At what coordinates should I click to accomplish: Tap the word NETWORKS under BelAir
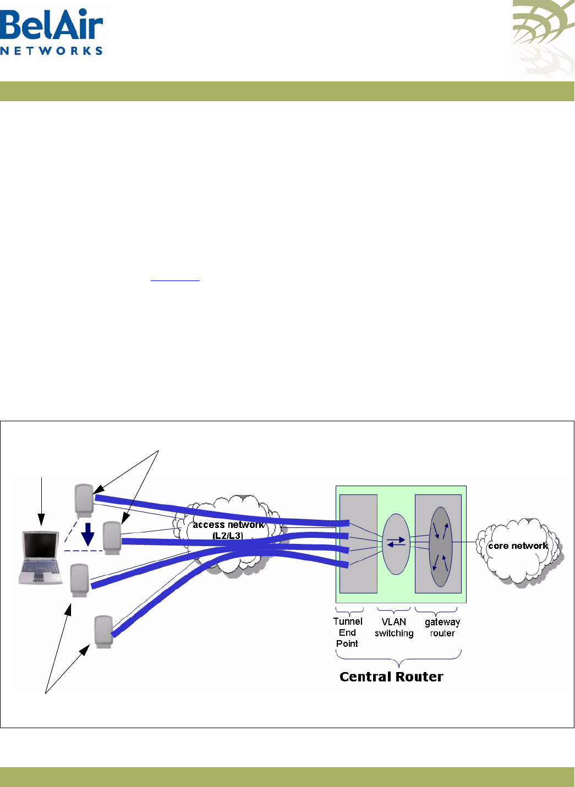click(52, 51)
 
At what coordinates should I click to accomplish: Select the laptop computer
click(40, 558)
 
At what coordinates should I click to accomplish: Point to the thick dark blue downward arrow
click(87, 535)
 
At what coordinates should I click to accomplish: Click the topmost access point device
click(84, 500)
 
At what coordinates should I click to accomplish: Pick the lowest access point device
click(103, 631)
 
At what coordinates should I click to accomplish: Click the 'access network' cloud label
click(228, 525)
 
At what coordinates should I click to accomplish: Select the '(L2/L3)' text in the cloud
click(228, 536)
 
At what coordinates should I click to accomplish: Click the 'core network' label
click(518, 546)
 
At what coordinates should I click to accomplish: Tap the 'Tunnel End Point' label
click(348, 632)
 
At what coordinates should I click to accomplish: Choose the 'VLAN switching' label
click(394, 628)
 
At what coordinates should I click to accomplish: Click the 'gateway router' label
click(442, 628)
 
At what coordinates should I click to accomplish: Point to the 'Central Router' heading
click(391, 677)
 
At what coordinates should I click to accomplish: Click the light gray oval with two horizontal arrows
click(396, 543)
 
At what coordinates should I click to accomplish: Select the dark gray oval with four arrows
click(440, 546)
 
